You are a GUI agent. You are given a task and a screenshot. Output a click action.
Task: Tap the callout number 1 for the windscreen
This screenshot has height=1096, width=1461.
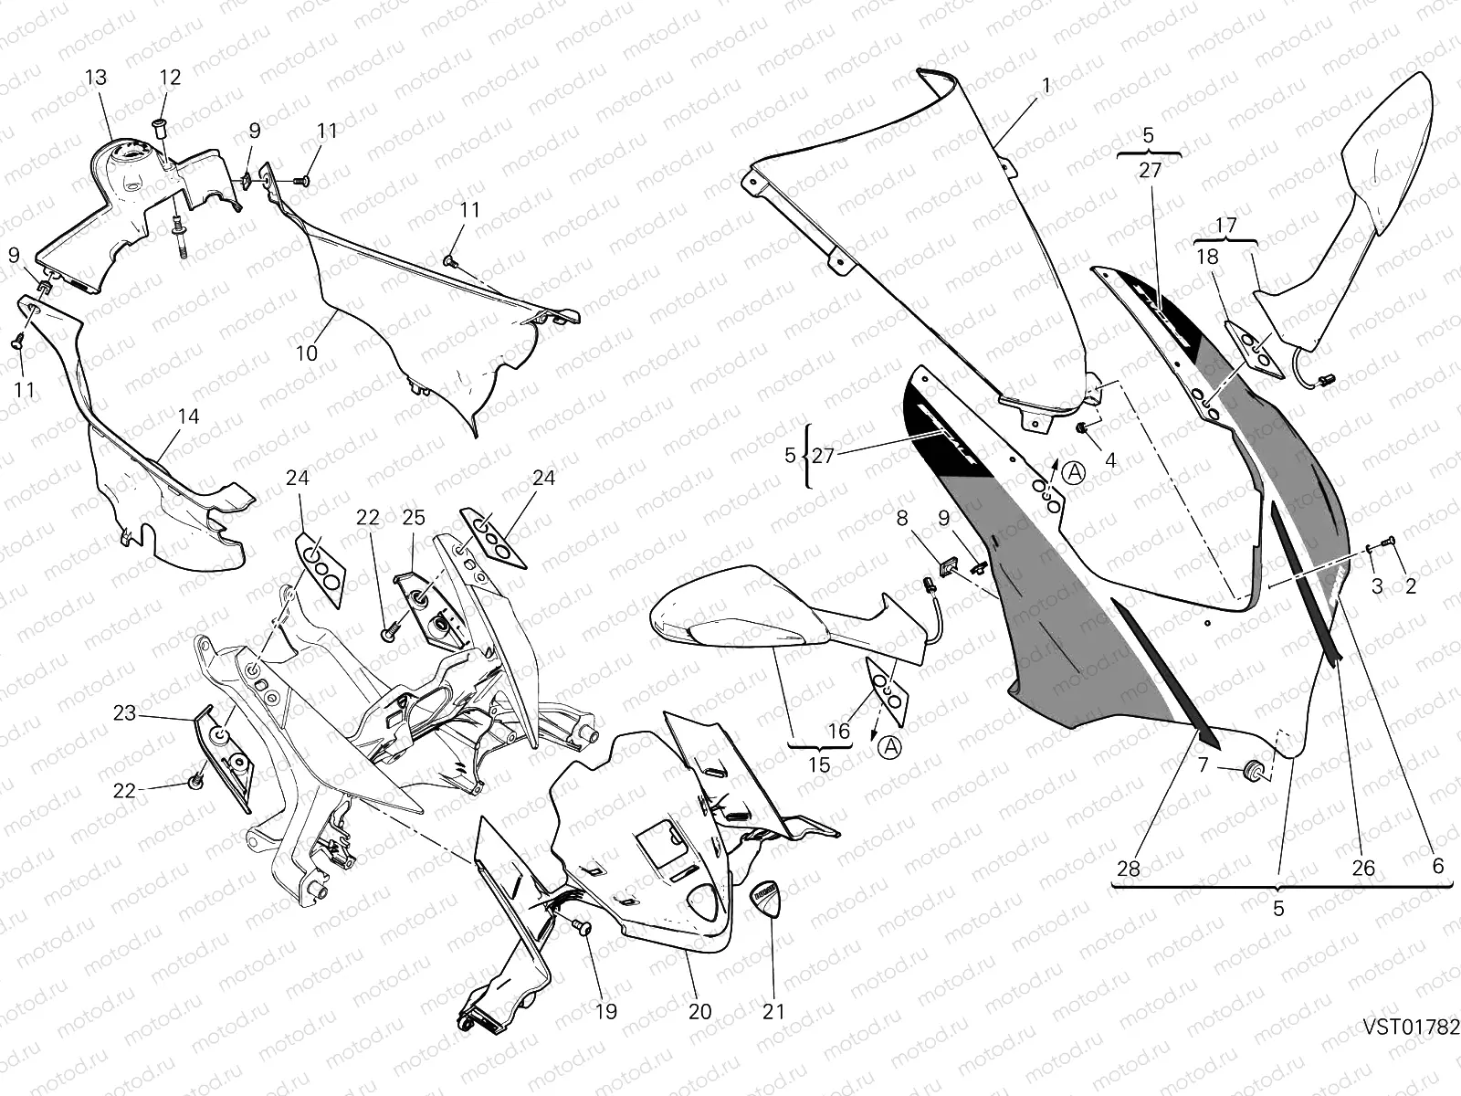tap(1046, 86)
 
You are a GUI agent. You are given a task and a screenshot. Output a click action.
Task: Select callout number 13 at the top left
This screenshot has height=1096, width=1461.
tap(96, 78)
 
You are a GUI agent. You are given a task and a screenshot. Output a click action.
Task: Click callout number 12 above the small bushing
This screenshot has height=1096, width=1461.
tap(171, 78)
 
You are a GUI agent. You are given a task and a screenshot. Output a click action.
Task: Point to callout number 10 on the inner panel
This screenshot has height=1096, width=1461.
tap(307, 352)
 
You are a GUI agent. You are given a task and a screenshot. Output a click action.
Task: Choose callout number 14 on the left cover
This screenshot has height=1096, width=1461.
tap(188, 416)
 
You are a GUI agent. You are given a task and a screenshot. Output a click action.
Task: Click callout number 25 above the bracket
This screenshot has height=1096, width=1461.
tap(413, 518)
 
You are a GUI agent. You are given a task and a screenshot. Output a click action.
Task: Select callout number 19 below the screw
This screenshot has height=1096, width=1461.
tap(605, 1011)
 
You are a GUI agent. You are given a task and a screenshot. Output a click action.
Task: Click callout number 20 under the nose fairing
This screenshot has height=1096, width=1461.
tap(699, 1011)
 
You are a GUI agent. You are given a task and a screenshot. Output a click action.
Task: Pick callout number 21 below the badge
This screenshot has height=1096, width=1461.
tap(773, 1011)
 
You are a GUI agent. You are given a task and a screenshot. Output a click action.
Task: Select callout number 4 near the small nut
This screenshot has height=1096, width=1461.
tap(1110, 460)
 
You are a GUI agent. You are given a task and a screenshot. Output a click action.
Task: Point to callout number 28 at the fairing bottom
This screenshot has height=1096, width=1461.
tap(1129, 868)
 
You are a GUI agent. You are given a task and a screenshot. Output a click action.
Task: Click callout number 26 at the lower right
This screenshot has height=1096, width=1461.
tap(1362, 868)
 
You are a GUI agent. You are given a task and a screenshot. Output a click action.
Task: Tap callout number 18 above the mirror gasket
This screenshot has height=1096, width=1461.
tap(1207, 258)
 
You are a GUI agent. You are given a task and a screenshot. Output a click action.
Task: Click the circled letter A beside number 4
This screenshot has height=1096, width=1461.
tap(1076, 472)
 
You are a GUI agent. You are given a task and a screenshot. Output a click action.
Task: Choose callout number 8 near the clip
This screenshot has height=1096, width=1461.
tap(902, 519)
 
